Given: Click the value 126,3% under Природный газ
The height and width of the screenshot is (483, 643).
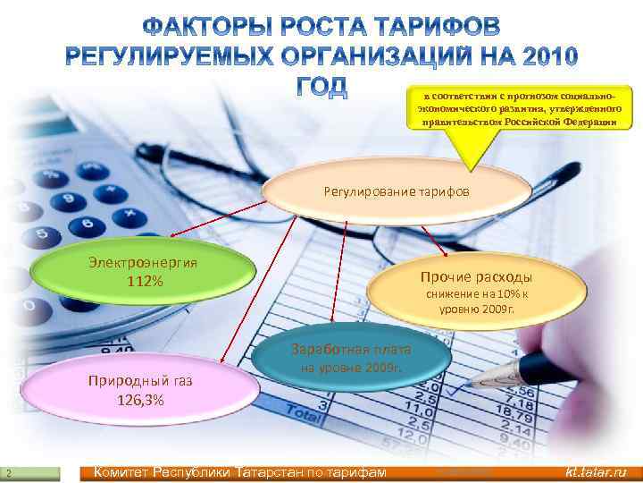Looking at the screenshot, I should pyautogui.click(x=139, y=400).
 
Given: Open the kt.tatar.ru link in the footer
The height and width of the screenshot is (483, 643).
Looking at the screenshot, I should pyautogui.click(x=596, y=472).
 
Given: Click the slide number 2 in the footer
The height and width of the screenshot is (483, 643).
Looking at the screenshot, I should pyautogui.click(x=7, y=473).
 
